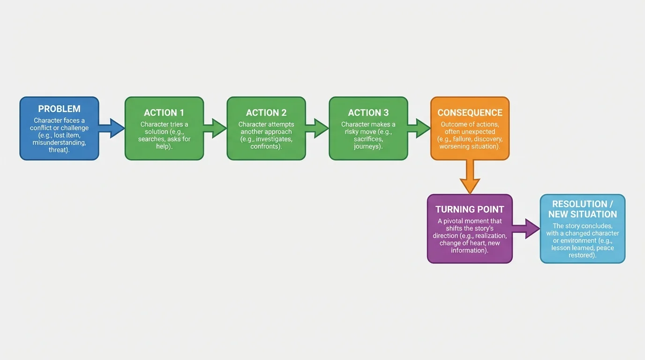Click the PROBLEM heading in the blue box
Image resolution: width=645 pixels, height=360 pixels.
[x=59, y=109]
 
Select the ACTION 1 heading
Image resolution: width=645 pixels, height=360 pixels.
[x=164, y=112]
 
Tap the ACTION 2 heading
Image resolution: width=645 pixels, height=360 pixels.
[x=266, y=112]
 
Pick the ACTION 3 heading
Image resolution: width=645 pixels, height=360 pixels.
[x=368, y=112]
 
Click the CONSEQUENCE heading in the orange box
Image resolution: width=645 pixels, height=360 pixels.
[x=470, y=112]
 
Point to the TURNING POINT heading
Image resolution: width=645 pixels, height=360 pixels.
[x=470, y=210]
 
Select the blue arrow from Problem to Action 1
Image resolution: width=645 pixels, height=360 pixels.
[x=112, y=128]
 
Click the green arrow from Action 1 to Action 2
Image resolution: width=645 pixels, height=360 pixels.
[x=215, y=128]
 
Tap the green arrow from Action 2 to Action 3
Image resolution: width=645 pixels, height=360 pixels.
[x=317, y=128]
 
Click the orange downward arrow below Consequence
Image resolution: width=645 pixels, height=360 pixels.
[x=470, y=177]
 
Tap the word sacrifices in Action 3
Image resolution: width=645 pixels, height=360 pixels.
[x=368, y=139]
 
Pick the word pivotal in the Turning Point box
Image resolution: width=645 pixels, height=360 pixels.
[x=456, y=221]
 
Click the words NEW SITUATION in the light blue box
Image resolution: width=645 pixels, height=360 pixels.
[x=583, y=214]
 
